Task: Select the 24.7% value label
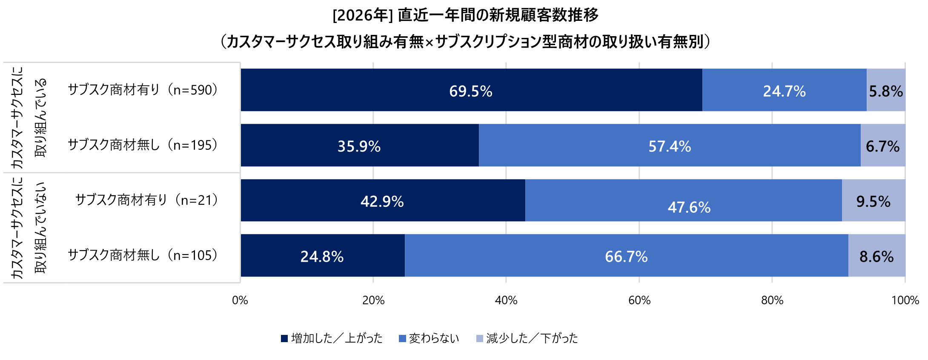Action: click(784, 91)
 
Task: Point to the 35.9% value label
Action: click(359, 146)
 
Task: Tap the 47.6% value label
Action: click(689, 207)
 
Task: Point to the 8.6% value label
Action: click(876, 257)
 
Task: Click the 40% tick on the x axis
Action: click(506, 300)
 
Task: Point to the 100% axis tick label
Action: click(905, 300)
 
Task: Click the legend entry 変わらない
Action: click(434, 338)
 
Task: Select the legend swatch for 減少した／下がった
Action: click(480, 339)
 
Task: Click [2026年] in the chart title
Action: click(363, 15)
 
